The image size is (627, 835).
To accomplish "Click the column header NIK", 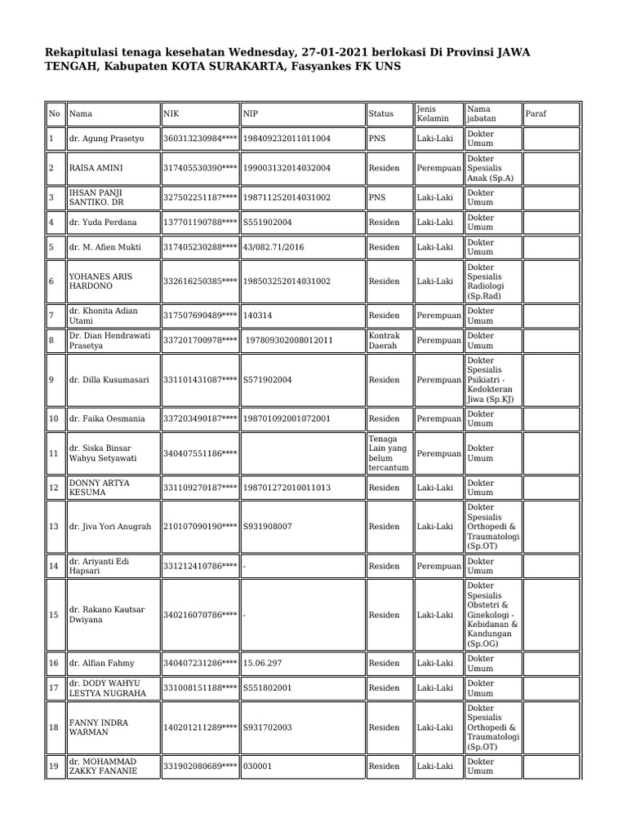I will coord(171,114).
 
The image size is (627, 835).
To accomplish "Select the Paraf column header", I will coord(536,114).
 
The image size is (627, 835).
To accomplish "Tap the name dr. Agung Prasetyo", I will coord(106,139).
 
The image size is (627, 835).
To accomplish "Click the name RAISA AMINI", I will coord(96,168).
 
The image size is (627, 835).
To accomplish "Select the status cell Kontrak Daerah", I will coord(384,340).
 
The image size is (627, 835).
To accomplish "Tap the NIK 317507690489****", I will coord(200,316).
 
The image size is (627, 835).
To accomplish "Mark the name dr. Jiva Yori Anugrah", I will coord(110,527).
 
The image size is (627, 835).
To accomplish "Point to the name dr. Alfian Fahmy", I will coord(102,664).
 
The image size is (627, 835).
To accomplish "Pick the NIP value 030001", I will coord(257,767).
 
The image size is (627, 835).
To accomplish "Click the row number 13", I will coord(54,527).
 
